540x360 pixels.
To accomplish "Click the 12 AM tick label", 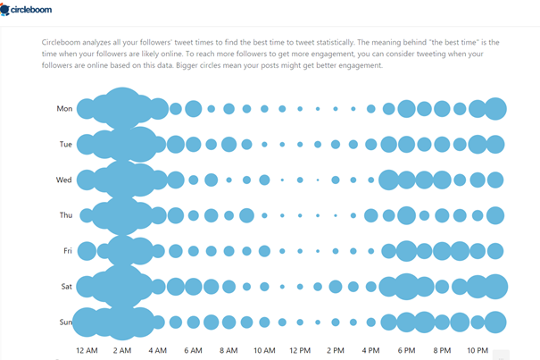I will click(87, 348).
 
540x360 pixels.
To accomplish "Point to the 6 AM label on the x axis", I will click(193, 348).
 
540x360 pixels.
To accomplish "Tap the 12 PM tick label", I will click(299, 348).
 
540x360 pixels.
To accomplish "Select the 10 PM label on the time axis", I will click(477, 348).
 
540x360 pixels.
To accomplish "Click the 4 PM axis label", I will click(370, 348).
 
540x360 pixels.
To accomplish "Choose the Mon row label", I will click(64, 109).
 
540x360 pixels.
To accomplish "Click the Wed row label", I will click(64, 180).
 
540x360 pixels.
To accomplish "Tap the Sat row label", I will click(66, 287).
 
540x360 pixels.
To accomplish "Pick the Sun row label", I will click(65, 322).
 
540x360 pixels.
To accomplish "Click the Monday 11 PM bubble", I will click(495, 109).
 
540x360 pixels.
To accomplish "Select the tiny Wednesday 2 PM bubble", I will click(318, 180).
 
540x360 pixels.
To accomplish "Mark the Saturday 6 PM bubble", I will click(406, 287).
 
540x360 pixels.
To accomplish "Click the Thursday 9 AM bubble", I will click(246, 215).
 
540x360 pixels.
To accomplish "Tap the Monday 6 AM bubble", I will click(193, 109).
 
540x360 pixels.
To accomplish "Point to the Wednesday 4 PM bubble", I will click(370, 180).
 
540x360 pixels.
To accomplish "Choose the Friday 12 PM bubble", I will click(300, 251).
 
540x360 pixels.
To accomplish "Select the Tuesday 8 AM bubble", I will click(228, 144).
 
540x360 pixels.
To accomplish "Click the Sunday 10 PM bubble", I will click(478, 322).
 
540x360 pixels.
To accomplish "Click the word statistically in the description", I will click(386, 42).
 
